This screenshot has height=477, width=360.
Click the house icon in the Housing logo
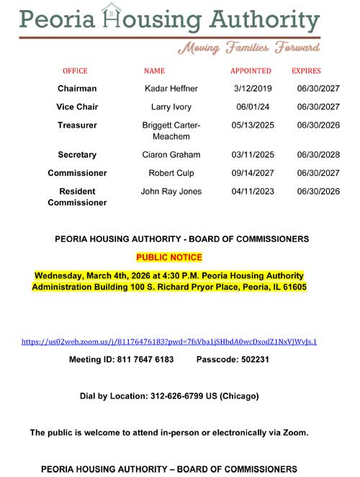[x=112, y=15]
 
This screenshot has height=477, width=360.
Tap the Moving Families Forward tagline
[x=248, y=48]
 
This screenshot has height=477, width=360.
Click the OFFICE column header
[x=75, y=71]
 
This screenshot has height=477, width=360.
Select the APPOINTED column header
[x=251, y=71]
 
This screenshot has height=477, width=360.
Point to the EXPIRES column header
[x=306, y=71]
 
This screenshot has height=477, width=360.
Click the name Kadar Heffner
[x=171, y=89]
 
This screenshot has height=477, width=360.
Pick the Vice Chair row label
[x=77, y=107]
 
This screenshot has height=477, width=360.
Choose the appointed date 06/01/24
[x=248, y=107]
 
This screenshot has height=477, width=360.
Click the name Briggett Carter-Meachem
[x=171, y=131]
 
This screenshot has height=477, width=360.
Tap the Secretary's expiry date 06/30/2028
[x=318, y=155]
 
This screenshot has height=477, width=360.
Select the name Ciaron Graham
[x=171, y=155]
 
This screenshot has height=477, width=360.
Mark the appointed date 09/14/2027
[x=248, y=173]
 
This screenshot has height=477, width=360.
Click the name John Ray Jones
[x=171, y=192]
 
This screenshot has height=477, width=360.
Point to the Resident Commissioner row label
[x=77, y=197]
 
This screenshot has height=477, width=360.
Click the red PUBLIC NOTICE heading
[x=169, y=257]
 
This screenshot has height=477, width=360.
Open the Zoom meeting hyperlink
[x=169, y=342]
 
